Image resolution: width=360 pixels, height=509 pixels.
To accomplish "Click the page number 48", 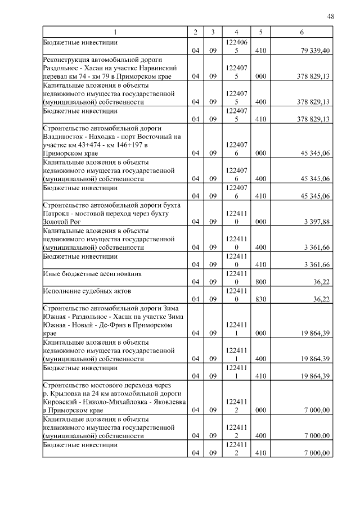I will (331, 16).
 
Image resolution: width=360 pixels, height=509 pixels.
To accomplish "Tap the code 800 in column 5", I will (260, 282).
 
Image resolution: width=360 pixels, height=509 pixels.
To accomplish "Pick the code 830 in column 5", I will (260, 299).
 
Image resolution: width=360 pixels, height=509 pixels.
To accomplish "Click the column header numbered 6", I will (301, 33).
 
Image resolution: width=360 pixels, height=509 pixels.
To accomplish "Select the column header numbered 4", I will (236, 33).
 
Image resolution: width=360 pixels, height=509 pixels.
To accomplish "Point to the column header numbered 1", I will (115, 33).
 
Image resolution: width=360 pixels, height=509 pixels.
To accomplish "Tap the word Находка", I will (104, 136).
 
